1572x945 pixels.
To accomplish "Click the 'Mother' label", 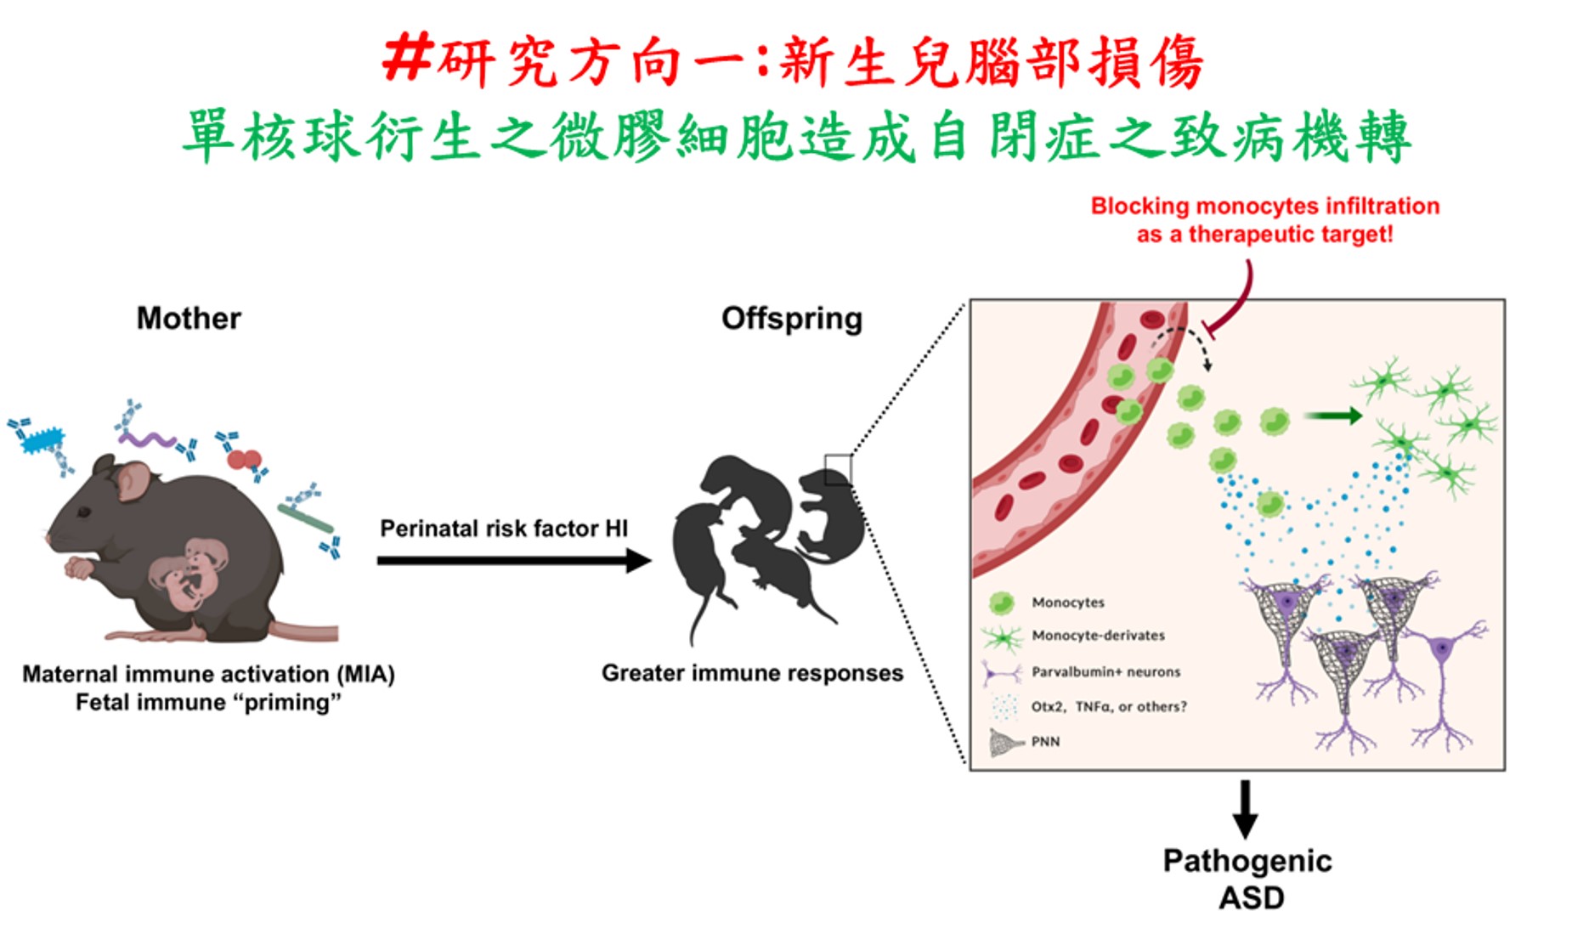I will pos(189,319).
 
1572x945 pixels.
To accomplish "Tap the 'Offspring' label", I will pos(791,319).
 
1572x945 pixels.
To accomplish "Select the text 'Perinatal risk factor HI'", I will pos(503,529).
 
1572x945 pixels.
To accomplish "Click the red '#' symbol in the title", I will pos(408,59).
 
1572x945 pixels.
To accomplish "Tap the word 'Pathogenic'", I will pos(1247,861).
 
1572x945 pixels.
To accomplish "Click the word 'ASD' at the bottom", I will pos(1251,898).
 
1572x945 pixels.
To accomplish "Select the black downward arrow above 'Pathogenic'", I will pos(1245,809).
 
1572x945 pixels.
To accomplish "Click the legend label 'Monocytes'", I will pos(1068,603).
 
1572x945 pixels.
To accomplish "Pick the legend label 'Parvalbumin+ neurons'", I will pos(1105,672).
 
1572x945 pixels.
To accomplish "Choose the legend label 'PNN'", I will pos(1045,742).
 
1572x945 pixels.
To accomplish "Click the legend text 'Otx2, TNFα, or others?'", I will pos(1108,706).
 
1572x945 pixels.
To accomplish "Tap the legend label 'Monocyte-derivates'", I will pos(1098,636).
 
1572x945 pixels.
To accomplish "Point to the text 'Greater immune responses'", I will pos(752,673).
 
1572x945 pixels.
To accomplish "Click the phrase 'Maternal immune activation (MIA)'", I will pos(208,675).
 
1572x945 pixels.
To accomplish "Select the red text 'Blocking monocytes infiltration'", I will pos(1264,207).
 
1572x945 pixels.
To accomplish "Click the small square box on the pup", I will pos(837,469).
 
